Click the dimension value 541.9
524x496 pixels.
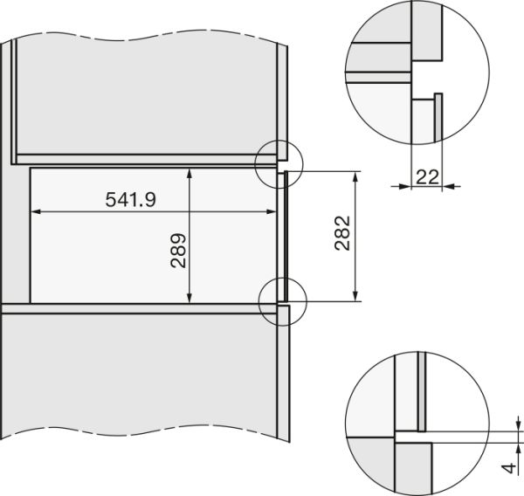tap(130, 199)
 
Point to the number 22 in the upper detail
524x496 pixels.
tap(427, 177)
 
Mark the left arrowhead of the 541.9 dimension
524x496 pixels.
tap(37, 210)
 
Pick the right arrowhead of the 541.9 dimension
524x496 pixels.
tap(272, 210)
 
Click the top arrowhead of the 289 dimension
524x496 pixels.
tap(190, 172)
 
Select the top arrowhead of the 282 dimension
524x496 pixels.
tap(355, 176)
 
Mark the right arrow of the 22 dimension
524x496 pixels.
tap(450, 185)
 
